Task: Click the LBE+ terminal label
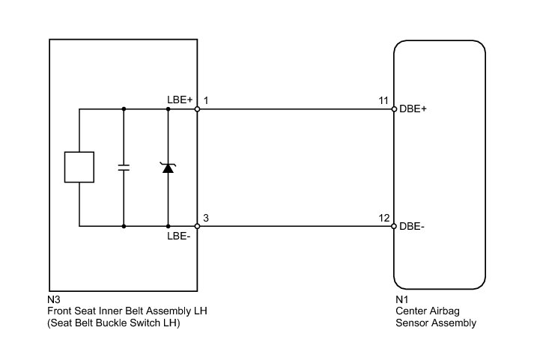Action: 180,100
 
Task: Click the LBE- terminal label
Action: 179,236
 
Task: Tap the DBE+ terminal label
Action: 413,109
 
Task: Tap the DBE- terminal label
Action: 412,226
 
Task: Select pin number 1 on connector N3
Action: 206,100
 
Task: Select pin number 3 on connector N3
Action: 206,218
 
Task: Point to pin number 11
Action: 383,100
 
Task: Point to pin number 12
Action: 383,218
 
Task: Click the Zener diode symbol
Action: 168,168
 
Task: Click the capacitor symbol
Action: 124,168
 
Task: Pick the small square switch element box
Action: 79,167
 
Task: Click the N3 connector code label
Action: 54,299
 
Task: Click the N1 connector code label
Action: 402,299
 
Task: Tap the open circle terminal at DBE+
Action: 394,109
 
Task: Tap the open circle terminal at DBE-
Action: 394,226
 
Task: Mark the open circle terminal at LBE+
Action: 197,109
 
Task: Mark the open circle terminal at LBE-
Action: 197,226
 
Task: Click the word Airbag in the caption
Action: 443,311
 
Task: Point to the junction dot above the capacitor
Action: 124,109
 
